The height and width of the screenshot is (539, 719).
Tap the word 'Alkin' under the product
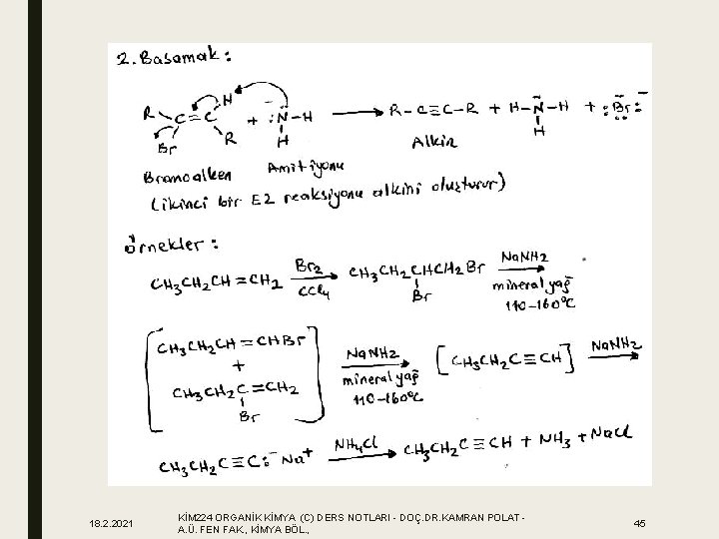[x=434, y=143]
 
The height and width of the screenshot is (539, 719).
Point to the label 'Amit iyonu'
[x=304, y=165]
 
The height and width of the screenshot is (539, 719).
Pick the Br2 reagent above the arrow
[x=309, y=265]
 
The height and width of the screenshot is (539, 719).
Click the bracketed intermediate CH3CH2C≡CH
[x=507, y=358]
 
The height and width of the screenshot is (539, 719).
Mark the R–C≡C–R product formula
[x=435, y=108]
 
